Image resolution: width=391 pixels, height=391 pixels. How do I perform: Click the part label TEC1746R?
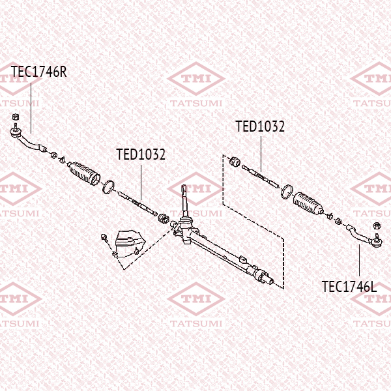point(39,72)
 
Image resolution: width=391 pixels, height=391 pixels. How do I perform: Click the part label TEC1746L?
point(349,287)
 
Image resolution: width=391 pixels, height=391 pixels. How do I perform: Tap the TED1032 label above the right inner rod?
point(260,126)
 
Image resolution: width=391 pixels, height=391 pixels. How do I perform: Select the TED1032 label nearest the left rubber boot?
point(141,154)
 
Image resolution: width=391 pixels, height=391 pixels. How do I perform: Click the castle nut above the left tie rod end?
point(16,117)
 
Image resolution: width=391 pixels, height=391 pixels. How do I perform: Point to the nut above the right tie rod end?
point(377,226)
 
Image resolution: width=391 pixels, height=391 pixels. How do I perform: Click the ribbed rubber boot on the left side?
point(84,173)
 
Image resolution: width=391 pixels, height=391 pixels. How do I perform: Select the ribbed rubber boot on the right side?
point(308,203)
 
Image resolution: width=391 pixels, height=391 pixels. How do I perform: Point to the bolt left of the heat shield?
point(104,238)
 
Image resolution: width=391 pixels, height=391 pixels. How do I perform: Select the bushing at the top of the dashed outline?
point(235,162)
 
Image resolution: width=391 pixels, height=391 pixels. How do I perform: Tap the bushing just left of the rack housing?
point(164,218)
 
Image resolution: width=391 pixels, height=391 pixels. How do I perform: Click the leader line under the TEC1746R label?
point(31,108)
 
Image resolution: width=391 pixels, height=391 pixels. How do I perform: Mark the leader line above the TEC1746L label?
point(359,260)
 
